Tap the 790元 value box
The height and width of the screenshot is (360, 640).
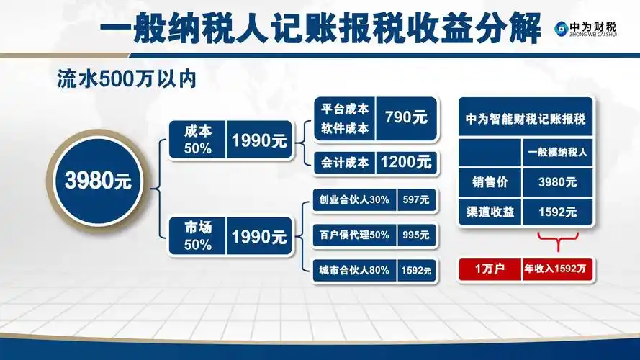[x=406, y=117]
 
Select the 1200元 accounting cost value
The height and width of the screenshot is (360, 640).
[x=406, y=162]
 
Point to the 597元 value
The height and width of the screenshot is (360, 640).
[x=418, y=202]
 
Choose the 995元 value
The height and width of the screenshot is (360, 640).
[x=418, y=235]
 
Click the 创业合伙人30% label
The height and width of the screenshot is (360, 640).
[x=353, y=202]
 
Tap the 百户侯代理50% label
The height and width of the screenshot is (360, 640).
[x=353, y=235]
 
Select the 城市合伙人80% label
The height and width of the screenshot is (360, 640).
[x=353, y=270]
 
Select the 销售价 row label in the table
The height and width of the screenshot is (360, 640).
[x=490, y=182]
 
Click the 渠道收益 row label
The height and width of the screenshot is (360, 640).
[x=490, y=212]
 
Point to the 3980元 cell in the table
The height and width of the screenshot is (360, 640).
[x=558, y=182]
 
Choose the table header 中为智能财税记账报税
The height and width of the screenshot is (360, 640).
[x=525, y=118]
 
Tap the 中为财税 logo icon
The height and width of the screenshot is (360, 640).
[x=561, y=28]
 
